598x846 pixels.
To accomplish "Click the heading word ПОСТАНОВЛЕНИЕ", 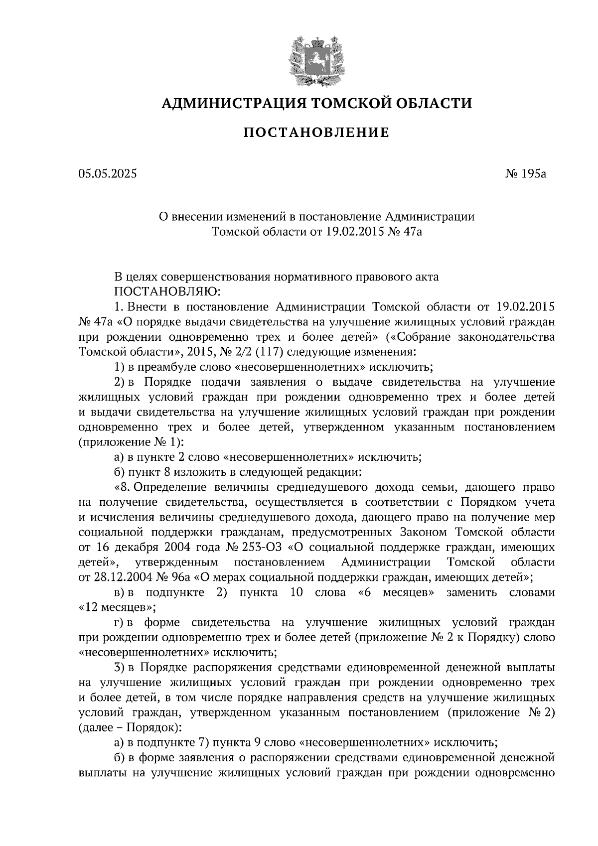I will pyautogui.click(x=316, y=133).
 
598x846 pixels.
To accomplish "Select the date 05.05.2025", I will pyautogui.click(x=107, y=174).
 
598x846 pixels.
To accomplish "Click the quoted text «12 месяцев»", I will pyautogui.click(x=118, y=608).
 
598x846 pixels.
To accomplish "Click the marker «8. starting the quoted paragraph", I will pyautogui.click(x=122, y=487).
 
